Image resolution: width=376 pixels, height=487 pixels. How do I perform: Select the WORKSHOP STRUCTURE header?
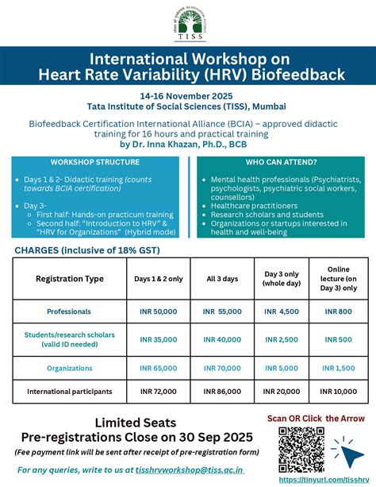click(95, 161)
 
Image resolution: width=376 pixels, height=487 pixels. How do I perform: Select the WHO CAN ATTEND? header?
click(281, 161)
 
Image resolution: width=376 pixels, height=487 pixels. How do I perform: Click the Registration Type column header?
click(70, 279)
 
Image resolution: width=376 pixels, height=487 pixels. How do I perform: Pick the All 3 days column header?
click(221, 279)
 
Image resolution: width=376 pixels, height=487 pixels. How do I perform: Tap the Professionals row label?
click(69, 311)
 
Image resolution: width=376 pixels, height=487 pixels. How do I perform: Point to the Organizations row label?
click(69, 368)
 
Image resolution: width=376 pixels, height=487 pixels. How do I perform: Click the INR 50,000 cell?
click(159, 311)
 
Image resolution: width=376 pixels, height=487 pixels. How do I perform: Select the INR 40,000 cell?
click(221, 339)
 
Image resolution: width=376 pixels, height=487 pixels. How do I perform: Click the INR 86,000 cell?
click(221, 392)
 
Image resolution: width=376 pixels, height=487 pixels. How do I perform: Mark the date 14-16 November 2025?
click(187, 95)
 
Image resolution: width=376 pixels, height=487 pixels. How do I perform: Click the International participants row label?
click(69, 392)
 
